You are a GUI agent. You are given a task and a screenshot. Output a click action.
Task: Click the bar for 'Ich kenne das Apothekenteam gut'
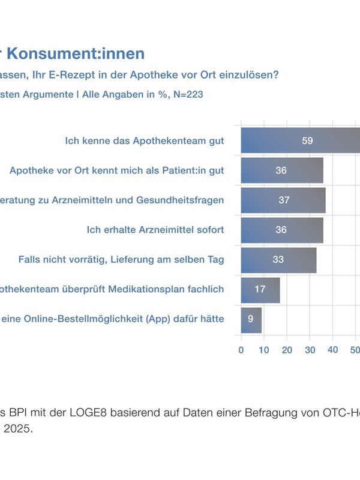300,140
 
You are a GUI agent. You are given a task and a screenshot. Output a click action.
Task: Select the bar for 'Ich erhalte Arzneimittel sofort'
282,230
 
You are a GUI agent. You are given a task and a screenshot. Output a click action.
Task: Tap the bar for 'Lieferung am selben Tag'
278,260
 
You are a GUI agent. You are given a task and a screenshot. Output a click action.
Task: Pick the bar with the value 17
260,290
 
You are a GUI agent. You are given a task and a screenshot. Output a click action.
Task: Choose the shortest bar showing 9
251,319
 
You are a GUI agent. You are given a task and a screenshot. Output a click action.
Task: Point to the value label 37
284,200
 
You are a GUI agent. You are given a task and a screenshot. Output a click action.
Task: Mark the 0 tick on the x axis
241,350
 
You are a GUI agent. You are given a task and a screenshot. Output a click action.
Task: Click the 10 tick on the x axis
264,350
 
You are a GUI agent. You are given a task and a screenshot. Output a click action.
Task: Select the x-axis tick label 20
287,350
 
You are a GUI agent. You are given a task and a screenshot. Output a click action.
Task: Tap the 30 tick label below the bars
310,350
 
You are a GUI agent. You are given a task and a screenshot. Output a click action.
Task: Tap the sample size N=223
184,94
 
